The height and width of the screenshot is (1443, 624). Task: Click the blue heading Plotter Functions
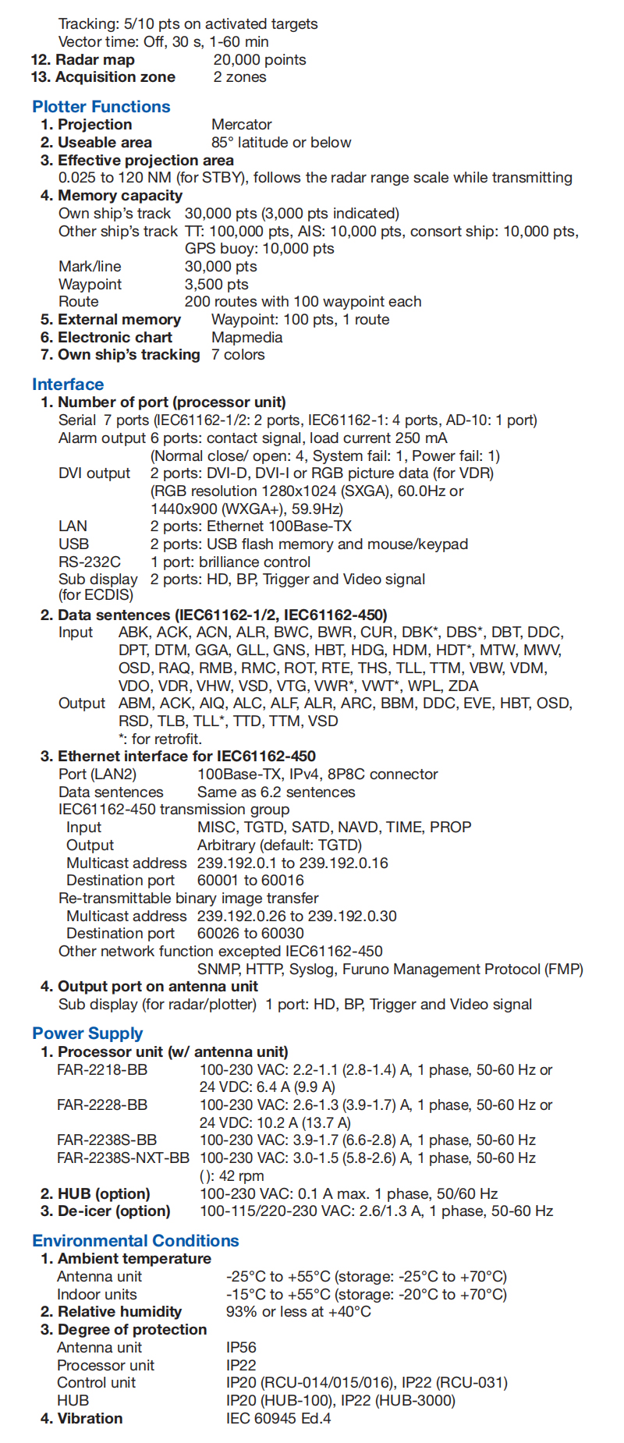point(101,107)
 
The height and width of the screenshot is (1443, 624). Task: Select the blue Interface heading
point(68,384)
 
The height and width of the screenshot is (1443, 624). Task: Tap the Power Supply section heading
point(87,1033)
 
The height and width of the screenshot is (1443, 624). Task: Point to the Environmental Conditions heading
point(136,1240)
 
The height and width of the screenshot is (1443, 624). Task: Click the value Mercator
point(242,125)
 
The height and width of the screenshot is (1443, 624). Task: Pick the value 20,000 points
point(260,60)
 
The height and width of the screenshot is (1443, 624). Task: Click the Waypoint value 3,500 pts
point(217,284)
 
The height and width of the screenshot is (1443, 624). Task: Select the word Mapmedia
point(247,337)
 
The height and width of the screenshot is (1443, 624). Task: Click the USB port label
point(73,544)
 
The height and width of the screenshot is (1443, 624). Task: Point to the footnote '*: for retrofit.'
point(160,739)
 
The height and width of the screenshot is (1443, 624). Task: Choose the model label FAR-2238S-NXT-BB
point(123,1158)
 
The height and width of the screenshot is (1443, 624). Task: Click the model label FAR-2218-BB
point(102,1069)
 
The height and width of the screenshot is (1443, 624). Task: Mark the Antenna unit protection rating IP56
point(241,1347)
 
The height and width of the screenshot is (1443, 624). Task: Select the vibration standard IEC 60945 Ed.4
point(278,1418)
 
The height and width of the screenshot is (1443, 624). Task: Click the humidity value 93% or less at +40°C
point(299,1311)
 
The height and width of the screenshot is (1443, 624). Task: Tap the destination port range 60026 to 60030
point(250,933)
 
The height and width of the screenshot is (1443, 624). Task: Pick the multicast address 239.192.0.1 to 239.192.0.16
point(292,863)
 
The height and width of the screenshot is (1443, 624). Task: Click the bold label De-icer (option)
point(105,1211)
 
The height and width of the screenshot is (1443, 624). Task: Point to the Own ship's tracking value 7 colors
point(238,355)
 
